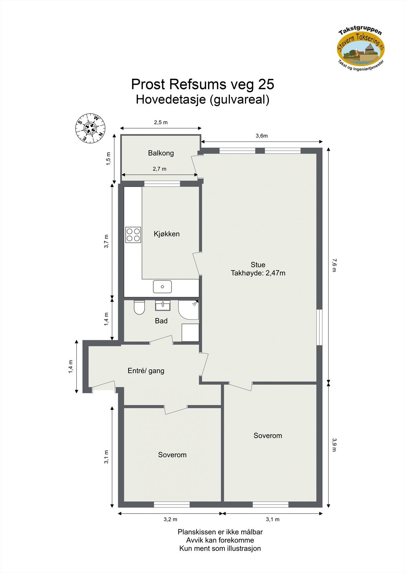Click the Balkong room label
click(x=161, y=153)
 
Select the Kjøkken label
click(x=167, y=234)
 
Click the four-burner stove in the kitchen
click(x=133, y=235)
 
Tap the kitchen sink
click(x=162, y=286)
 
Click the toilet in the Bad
click(x=139, y=307)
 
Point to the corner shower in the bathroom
click(x=189, y=309)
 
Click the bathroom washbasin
click(x=163, y=305)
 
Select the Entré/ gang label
click(x=146, y=371)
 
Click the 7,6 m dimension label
click(x=334, y=265)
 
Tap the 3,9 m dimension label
click(x=334, y=444)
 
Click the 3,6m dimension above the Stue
click(x=261, y=136)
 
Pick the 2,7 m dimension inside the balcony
click(x=159, y=169)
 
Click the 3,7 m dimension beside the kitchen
click(x=106, y=241)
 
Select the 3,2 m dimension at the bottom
click(x=170, y=519)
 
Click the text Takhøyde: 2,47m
click(x=258, y=273)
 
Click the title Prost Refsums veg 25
click(x=202, y=84)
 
